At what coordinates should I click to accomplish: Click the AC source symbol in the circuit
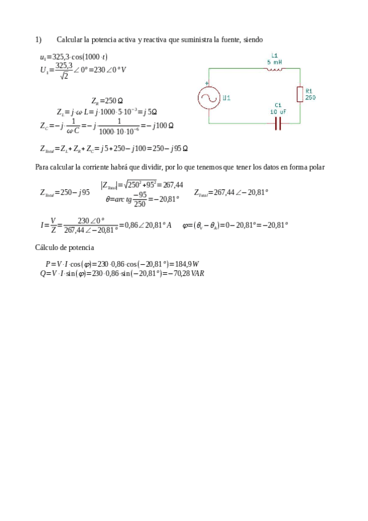tap(208, 98)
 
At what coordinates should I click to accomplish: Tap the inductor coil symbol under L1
tap(275, 69)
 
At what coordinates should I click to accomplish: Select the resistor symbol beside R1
tap(299, 94)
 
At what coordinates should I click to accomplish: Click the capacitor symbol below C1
tap(278, 123)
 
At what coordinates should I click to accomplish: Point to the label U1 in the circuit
tap(227, 98)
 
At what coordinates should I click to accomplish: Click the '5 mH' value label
tap(275, 61)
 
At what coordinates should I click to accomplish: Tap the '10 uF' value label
tap(278, 112)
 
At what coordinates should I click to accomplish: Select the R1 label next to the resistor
tap(309, 90)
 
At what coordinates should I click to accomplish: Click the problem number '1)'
tap(38, 40)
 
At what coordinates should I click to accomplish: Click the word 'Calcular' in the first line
tap(69, 40)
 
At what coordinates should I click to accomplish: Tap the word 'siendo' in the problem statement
tap(253, 40)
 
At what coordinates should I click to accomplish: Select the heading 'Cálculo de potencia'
tap(65, 248)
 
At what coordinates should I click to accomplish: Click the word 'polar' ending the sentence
tap(316, 167)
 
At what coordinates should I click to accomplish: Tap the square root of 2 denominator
tap(63, 76)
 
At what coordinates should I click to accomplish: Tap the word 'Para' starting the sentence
tap(42, 167)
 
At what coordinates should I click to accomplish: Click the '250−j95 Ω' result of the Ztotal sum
tap(170, 149)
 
